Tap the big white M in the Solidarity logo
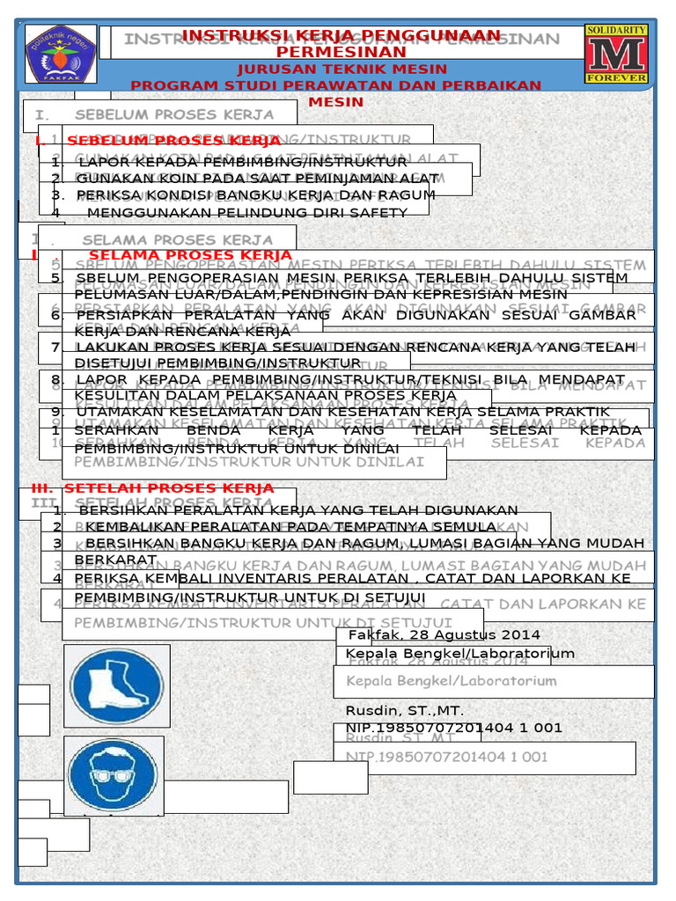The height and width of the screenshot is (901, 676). (x=616, y=54)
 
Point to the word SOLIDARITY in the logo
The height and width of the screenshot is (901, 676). (x=616, y=30)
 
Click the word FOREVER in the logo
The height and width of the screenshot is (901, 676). (x=616, y=77)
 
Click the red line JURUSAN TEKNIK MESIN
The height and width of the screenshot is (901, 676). (x=341, y=69)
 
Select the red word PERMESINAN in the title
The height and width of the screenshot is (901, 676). (x=341, y=53)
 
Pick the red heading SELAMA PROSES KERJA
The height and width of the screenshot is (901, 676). (x=190, y=255)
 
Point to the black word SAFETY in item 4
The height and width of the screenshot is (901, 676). (x=382, y=213)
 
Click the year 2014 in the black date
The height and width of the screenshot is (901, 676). (x=523, y=634)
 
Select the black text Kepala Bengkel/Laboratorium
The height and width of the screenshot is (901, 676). (x=459, y=653)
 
